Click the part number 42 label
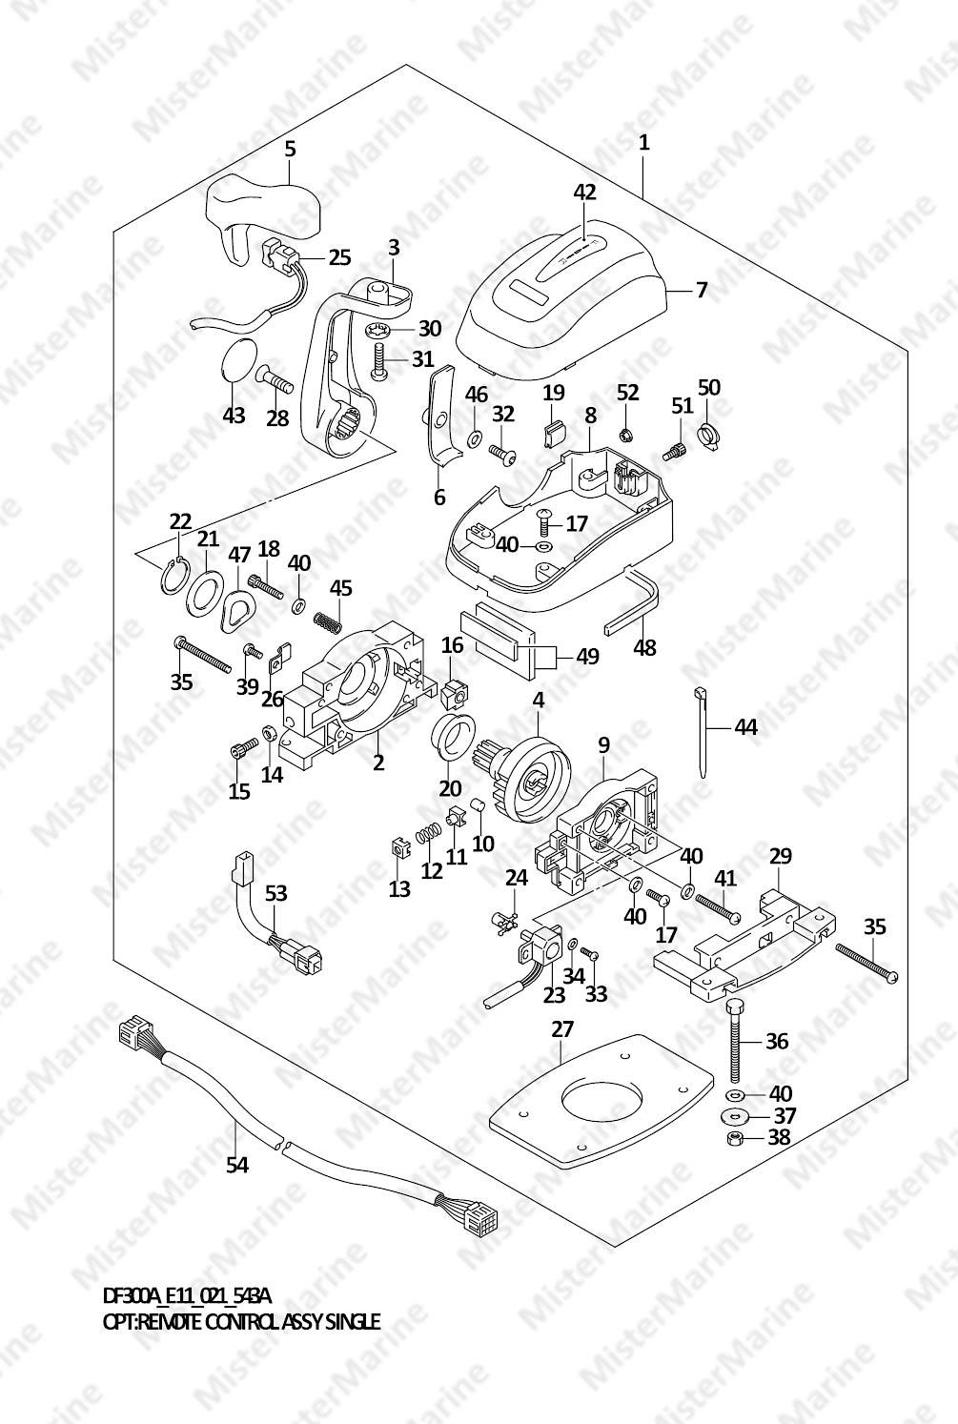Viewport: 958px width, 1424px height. (x=584, y=192)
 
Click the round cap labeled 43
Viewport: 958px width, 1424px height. (x=238, y=362)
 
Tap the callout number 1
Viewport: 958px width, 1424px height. (x=644, y=143)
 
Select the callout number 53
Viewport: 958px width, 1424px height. (x=275, y=893)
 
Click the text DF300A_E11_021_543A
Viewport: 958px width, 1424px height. (x=187, y=1296)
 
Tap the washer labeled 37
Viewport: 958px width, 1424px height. (x=731, y=1115)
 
